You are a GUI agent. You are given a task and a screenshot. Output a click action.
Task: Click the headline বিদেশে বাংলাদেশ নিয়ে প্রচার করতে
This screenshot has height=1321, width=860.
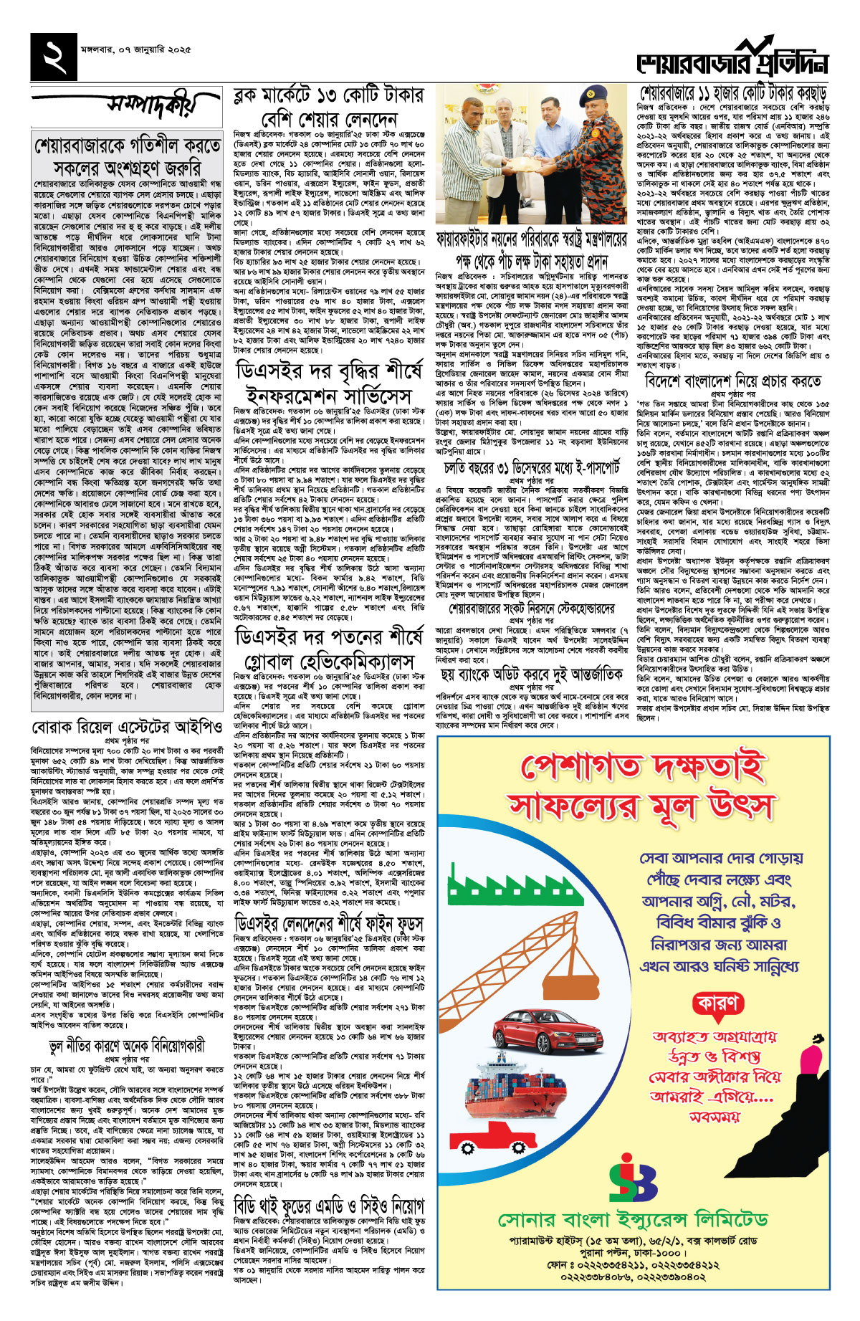pyautogui.click(x=733, y=380)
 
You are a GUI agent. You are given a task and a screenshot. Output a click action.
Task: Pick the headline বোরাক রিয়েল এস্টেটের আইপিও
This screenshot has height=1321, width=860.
pyautogui.click(x=127, y=707)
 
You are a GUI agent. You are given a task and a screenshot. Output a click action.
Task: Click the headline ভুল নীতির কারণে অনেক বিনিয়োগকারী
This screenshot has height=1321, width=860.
pyautogui.click(x=127, y=1046)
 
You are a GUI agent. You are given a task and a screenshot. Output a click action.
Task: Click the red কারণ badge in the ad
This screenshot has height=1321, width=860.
pyautogui.click(x=717, y=1004)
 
